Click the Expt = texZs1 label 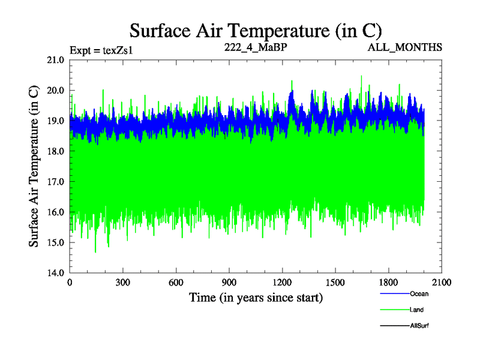[101, 50]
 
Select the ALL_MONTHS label [406, 47]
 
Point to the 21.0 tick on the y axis [56, 60]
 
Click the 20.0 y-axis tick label [56, 91]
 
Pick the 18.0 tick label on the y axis [56, 151]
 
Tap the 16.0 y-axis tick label [56, 212]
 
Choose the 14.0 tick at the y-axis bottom [56, 273]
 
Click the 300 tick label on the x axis [123, 283]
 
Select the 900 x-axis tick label [229, 283]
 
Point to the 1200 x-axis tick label [282, 283]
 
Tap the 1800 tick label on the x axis [388, 283]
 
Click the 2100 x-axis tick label [442, 283]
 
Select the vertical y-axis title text [34, 166]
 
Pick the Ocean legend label [419, 294]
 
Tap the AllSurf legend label [419, 326]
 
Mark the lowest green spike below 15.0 [95, 251]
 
